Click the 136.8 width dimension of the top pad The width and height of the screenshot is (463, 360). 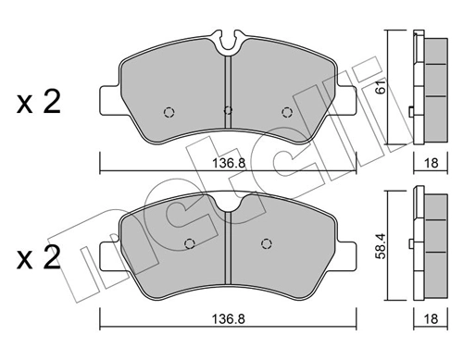pos(229,163)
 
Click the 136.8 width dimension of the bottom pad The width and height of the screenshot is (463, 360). pos(229,319)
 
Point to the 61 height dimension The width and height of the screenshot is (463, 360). pos(382,87)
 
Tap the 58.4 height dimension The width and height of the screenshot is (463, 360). pos(382,246)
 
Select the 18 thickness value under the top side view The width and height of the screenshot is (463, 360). pos(431,163)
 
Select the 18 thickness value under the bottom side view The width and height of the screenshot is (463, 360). pos(431,318)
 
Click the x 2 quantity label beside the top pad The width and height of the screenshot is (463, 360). pos(38,102)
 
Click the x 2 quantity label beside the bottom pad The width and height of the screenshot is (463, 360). pos(38,257)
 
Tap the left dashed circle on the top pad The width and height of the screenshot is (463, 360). pos(169,112)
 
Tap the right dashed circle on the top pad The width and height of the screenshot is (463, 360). pos(287,112)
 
